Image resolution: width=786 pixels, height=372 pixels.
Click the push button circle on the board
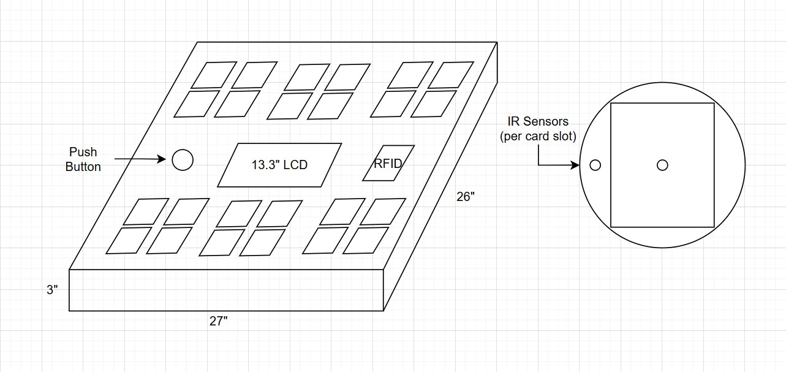[183, 160]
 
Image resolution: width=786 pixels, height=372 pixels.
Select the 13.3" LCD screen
[279, 165]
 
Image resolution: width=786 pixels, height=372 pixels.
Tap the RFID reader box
[388, 163]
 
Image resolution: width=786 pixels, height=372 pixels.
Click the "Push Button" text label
[83, 159]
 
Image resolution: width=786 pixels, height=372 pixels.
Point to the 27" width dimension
[218, 321]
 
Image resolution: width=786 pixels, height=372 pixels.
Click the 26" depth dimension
[466, 197]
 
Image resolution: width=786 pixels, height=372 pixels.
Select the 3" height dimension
[53, 290]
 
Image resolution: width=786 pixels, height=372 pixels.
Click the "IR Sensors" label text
[538, 122]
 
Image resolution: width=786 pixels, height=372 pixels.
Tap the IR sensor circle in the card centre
[662, 165]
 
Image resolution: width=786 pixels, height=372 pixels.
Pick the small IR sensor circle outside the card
[595, 165]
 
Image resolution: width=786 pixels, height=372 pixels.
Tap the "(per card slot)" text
[538, 136]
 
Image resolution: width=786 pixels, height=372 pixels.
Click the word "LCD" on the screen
[295, 165]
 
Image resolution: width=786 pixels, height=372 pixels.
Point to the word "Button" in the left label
[83, 167]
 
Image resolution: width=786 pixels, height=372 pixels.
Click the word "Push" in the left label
[83, 152]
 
